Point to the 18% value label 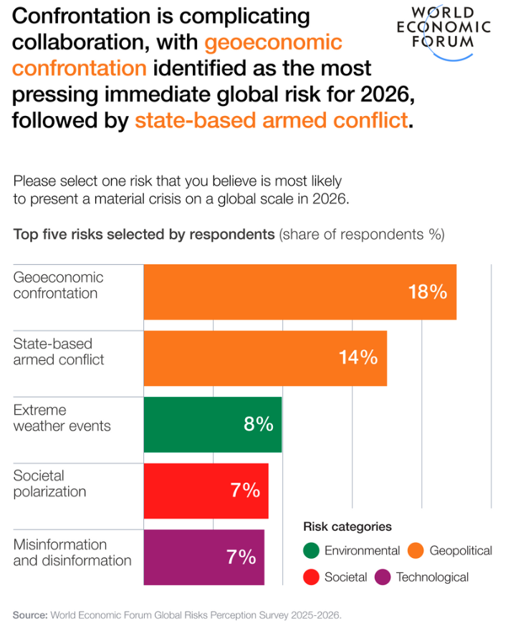(428, 292)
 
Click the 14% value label (358, 358)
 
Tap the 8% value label (259, 424)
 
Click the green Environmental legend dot (311, 551)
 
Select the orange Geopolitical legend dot (415, 551)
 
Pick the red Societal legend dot (311, 577)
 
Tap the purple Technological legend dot (383, 577)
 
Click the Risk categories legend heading (348, 527)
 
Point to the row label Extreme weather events (62, 418)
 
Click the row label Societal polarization (49, 483)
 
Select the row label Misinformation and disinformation (72, 552)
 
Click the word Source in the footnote (29, 615)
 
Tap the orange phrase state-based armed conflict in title (271, 120)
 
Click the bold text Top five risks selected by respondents (144, 233)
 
